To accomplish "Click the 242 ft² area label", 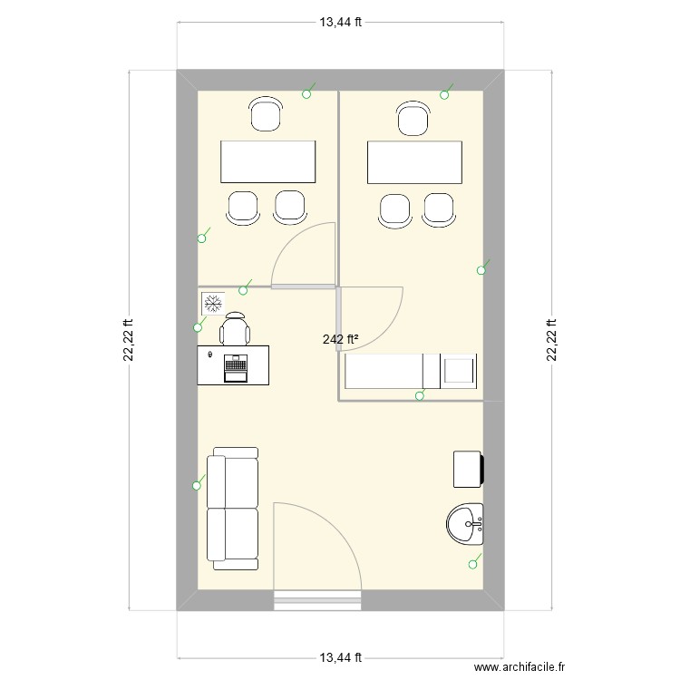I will tap(340, 340).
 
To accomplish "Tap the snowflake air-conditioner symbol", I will tap(213, 302).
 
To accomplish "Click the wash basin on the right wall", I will tap(466, 523).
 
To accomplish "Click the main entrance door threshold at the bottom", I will tap(316, 597).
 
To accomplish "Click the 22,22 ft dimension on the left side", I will tap(128, 340).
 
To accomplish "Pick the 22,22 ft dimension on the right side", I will tap(551, 340).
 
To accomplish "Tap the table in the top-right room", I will tap(413, 161).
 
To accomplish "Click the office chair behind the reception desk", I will tap(235, 327).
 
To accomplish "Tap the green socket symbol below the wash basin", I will tap(472, 564).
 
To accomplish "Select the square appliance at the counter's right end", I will tap(458, 371).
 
